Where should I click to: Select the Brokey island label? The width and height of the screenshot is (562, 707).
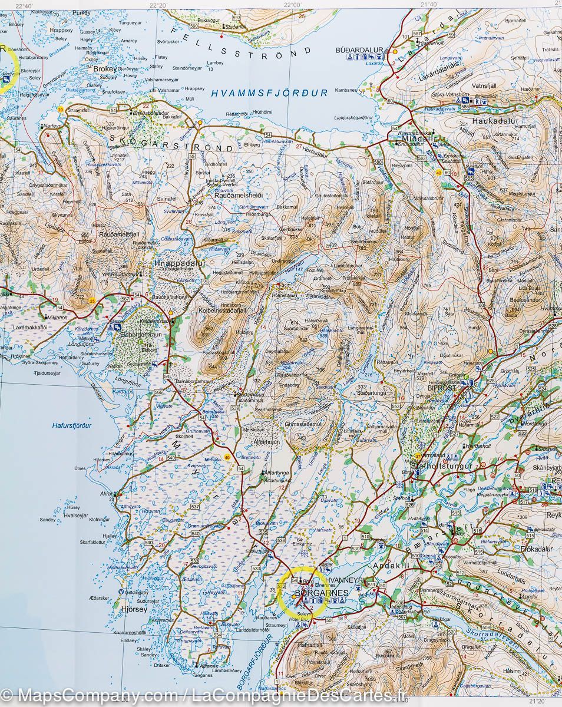(x=105, y=68)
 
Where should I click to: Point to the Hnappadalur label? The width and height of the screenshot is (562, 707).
(x=180, y=264)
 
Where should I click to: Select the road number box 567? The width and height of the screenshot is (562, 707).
(x=124, y=299)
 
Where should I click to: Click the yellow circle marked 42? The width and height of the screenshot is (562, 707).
(x=439, y=173)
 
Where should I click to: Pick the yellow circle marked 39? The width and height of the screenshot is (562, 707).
(x=60, y=110)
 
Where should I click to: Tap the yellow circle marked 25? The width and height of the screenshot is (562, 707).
(x=92, y=301)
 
